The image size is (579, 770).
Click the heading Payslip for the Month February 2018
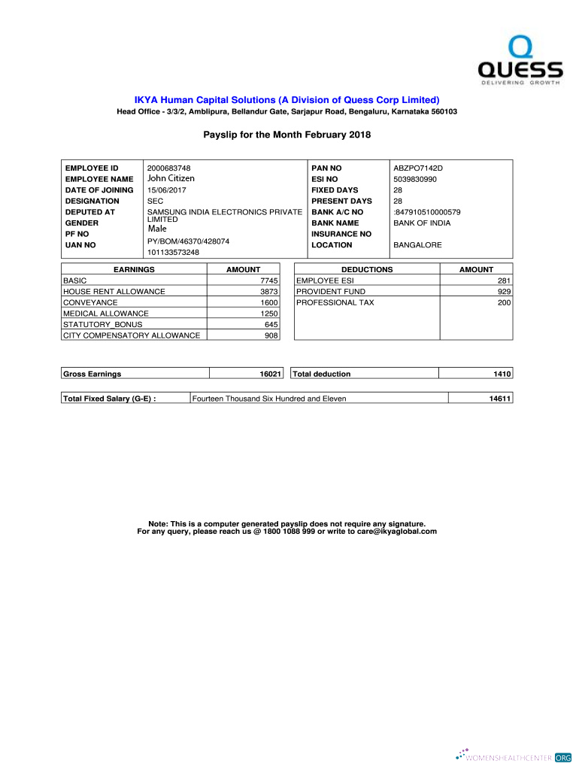287,135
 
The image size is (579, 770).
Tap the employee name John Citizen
171,179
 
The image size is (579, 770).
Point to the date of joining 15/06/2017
170,190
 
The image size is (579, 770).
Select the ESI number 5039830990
414,179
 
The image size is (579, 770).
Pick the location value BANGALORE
417,245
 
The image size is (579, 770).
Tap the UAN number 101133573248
173,252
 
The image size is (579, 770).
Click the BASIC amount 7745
269,280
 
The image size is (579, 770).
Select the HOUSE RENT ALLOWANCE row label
114,291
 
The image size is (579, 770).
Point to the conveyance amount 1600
269,302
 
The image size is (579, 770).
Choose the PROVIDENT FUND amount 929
504,291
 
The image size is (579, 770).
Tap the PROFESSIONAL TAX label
335,302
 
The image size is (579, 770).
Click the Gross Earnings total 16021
270,374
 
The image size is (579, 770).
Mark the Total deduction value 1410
502,374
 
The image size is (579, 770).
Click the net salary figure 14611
500,399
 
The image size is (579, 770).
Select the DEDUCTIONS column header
367,269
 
